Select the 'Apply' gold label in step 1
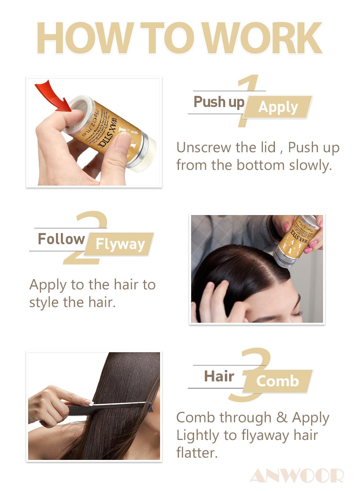click(x=278, y=107)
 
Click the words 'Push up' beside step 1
click(x=219, y=102)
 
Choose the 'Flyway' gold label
click(x=120, y=244)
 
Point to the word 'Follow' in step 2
click(x=61, y=239)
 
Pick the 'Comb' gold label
click(x=278, y=381)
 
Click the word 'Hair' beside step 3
click(x=219, y=376)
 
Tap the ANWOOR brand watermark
click(x=297, y=476)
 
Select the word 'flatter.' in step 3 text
click(x=197, y=453)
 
